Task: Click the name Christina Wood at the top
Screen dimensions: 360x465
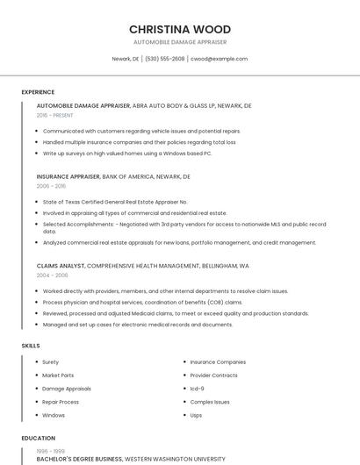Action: tap(180, 29)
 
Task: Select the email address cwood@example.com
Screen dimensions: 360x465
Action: tap(219, 59)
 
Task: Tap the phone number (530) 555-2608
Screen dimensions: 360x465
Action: tap(164, 59)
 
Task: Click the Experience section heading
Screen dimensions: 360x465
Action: tap(38, 92)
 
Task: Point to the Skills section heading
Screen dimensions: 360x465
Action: tap(31, 346)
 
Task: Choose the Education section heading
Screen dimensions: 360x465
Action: tap(38, 438)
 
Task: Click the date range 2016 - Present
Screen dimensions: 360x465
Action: tap(54, 115)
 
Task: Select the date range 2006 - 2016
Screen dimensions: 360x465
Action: tap(51, 186)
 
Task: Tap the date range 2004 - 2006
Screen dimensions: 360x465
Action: tap(52, 275)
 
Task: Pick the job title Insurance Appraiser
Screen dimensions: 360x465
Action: tap(68, 176)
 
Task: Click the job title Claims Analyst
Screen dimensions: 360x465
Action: tap(61, 265)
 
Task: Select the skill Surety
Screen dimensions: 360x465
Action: tap(51, 361)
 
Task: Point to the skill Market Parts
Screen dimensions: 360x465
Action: tap(58, 375)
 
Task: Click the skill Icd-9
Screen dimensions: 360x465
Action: tap(198, 388)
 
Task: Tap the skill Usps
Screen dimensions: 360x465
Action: tap(196, 415)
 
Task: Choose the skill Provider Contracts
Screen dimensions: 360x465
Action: tap(213, 375)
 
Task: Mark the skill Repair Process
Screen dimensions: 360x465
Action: tap(61, 402)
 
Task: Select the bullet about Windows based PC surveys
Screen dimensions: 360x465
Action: tap(127, 153)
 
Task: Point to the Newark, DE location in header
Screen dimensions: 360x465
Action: tap(126, 59)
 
